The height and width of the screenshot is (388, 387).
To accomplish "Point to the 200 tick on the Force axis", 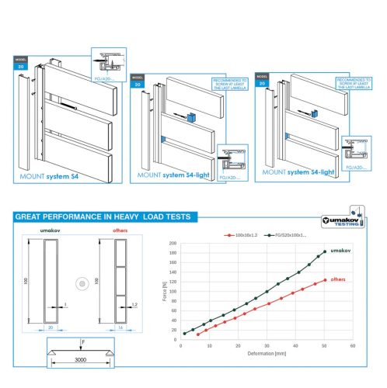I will point(173,244).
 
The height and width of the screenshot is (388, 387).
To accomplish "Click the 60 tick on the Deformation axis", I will point(352,346).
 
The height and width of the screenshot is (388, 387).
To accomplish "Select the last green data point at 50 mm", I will point(324,251).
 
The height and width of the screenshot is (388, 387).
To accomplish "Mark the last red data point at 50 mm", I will point(324,280).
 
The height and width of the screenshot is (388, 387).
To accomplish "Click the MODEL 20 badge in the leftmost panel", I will point(20,65).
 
